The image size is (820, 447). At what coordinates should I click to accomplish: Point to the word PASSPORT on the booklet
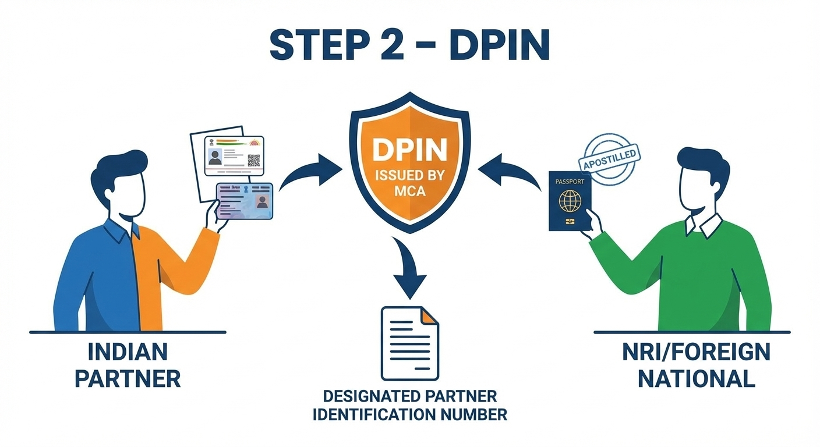tap(570, 182)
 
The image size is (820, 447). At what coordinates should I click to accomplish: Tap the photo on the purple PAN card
tap(261, 202)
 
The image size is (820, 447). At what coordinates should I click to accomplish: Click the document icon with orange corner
tap(409, 343)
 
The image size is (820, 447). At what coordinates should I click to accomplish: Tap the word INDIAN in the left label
tap(128, 352)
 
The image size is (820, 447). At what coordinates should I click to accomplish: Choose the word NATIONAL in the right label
tap(696, 379)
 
